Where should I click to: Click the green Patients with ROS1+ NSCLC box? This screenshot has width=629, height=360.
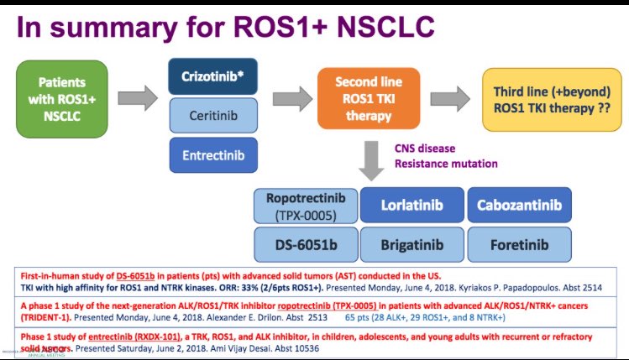(x=63, y=100)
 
